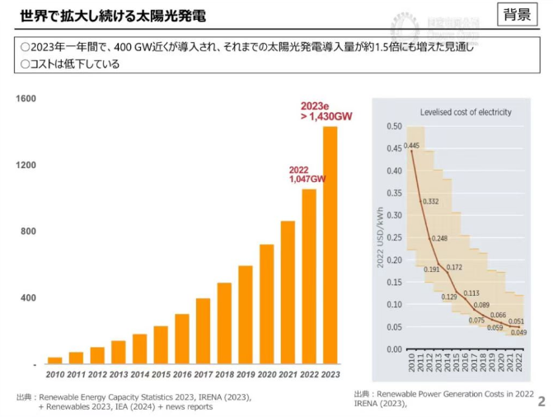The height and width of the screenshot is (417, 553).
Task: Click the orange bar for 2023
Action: pos(330,245)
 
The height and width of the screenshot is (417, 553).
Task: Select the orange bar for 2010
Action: pos(54,360)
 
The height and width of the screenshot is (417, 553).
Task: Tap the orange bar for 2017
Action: pos(203,330)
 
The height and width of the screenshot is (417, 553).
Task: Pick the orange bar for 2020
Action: pos(266,304)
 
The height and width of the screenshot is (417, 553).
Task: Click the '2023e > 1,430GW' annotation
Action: pos(326,112)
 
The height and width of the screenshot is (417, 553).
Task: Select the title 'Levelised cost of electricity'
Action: pos(466,112)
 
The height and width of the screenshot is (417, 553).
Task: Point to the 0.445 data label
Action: pos(412,146)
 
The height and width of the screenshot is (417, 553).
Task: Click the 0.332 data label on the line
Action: pos(430,201)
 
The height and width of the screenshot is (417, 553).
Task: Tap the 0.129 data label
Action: pos(449,297)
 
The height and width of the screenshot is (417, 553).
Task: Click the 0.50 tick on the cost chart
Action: pos(395,127)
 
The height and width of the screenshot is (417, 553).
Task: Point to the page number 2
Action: pos(541,401)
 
